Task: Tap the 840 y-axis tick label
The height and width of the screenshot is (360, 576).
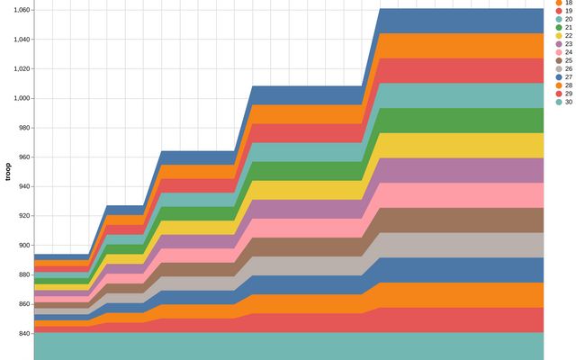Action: pos(22,333)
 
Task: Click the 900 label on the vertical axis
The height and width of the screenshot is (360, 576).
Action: pos(22,245)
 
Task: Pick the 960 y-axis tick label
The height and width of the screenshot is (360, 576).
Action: pos(22,157)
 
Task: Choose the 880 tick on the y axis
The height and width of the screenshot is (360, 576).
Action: pos(22,274)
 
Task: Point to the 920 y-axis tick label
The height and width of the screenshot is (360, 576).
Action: pos(22,216)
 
